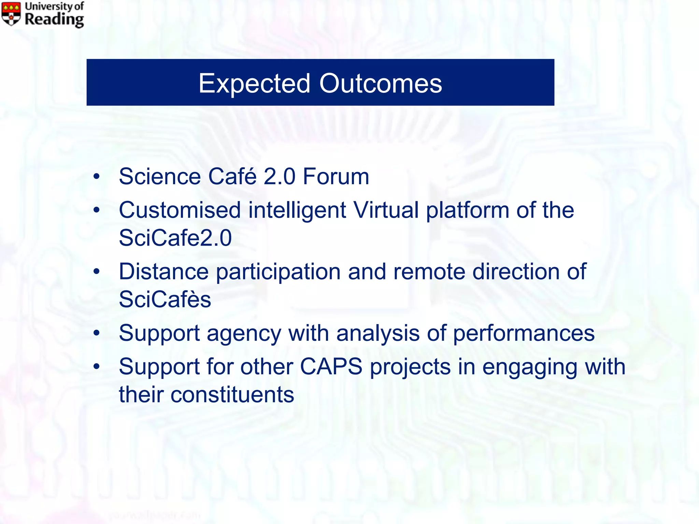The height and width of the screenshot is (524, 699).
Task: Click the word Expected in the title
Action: coord(254,84)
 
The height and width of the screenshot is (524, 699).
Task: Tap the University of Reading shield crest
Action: coord(11,14)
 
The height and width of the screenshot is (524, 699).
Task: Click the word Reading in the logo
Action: coord(54,19)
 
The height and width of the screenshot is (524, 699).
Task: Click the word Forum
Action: coord(336,177)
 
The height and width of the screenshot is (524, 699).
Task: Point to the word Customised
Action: coord(180,210)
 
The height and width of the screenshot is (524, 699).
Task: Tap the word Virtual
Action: coord(386,210)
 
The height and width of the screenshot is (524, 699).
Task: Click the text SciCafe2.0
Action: coord(175,238)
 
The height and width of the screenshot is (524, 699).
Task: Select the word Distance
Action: coord(163,272)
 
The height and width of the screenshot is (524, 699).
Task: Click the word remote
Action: coord(429,272)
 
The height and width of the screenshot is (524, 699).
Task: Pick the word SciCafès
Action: coord(165,300)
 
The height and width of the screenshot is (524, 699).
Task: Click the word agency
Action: coord(244,333)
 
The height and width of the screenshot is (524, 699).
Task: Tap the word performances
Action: coord(524,333)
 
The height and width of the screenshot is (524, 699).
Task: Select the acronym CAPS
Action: coord(331,367)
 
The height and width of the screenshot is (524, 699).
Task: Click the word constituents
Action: coord(232,395)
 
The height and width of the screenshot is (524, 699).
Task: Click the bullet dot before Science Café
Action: coord(97,177)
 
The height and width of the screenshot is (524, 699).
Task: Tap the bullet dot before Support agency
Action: coord(97,333)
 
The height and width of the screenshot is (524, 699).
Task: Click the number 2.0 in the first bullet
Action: coord(280,177)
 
